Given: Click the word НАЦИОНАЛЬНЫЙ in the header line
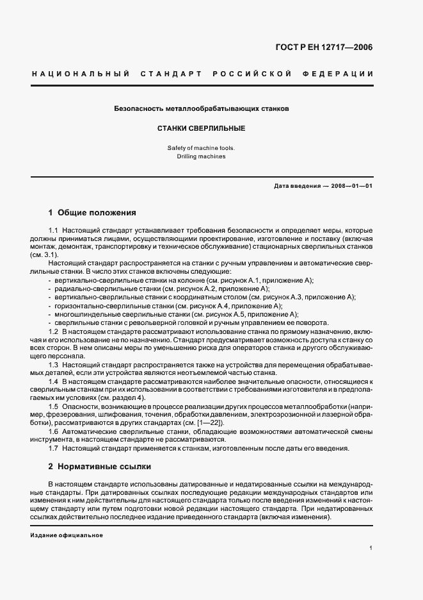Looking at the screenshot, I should [81, 74].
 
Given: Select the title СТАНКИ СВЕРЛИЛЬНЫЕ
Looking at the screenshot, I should [201, 128].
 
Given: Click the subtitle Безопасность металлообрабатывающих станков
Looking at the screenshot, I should [201, 109].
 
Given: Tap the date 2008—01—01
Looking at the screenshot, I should [352, 186].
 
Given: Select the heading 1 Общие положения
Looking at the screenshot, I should [92, 212].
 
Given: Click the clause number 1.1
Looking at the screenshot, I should [54, 229].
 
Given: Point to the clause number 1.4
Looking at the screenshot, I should [54, 382].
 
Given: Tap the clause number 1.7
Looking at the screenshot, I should [54, 448].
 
